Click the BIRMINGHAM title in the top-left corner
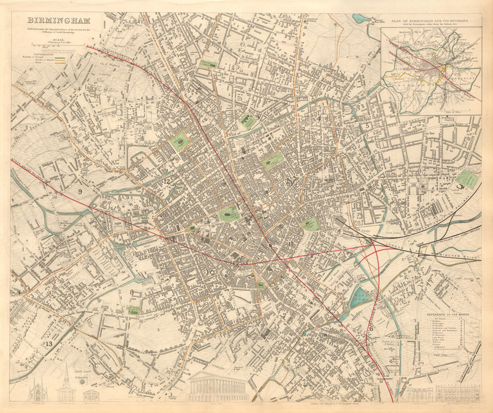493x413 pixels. point(58,21)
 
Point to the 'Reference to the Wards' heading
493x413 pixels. point(447,314)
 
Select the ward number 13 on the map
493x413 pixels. point(48,344)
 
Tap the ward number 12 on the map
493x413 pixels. point(167,181)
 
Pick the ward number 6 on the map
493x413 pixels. point(371,329)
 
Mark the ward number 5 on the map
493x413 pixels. point(367,126)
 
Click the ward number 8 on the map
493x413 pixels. point(132,292)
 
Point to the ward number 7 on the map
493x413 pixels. point(284,316)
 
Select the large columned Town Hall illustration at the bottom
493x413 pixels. point(217,386)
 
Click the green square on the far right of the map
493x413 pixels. point(466,179)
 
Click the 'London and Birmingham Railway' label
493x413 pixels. point(439,252)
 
